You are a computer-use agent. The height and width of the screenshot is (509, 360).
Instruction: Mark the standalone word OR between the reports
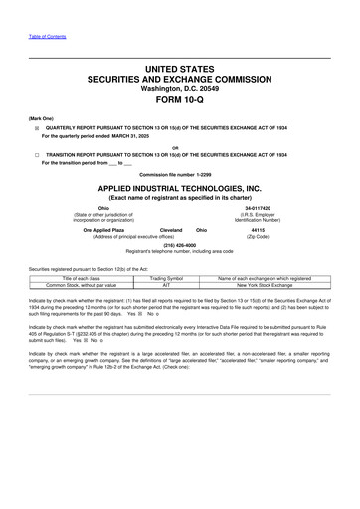click(180, 147)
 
